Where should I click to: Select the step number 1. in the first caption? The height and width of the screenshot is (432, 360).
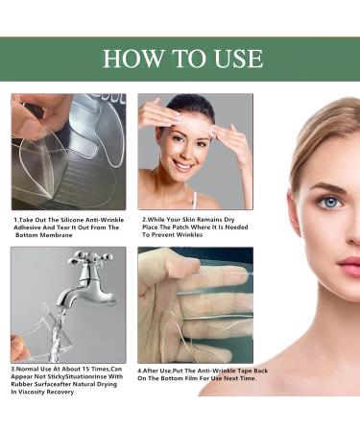[16, 220]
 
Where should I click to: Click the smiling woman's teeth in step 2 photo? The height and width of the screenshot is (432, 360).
[186, 166]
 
